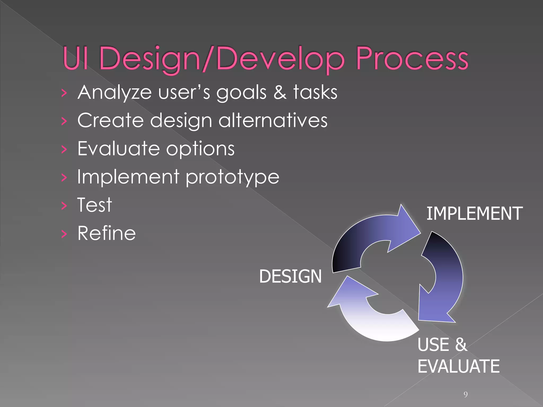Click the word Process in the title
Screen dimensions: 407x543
point(412,59)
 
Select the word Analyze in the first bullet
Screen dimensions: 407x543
point(115,93)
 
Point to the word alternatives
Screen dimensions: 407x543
point(273,120)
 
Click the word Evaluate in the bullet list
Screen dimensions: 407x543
point(118,148)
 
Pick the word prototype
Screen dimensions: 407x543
point(232,177)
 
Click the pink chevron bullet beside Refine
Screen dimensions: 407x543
point(64,234)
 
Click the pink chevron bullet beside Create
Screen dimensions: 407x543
point(64,121)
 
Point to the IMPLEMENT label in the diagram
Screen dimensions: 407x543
point(474,214)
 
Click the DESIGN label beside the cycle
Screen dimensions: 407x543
point(290,276)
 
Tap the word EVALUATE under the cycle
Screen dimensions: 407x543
point(458,366)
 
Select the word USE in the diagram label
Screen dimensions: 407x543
point(433,345)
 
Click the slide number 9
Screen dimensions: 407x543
point(466,395)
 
